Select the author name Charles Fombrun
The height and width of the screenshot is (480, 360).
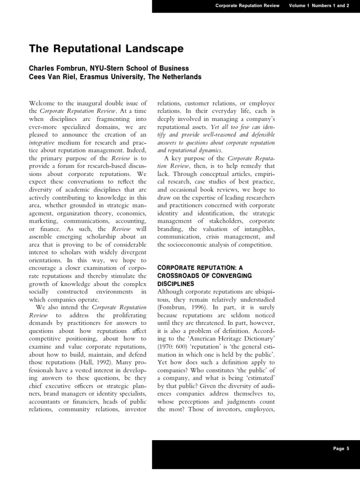pyautogui.click(x=58, y=68)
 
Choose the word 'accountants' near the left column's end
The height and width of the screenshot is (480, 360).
pyautogui.click(x=45, y=402)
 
